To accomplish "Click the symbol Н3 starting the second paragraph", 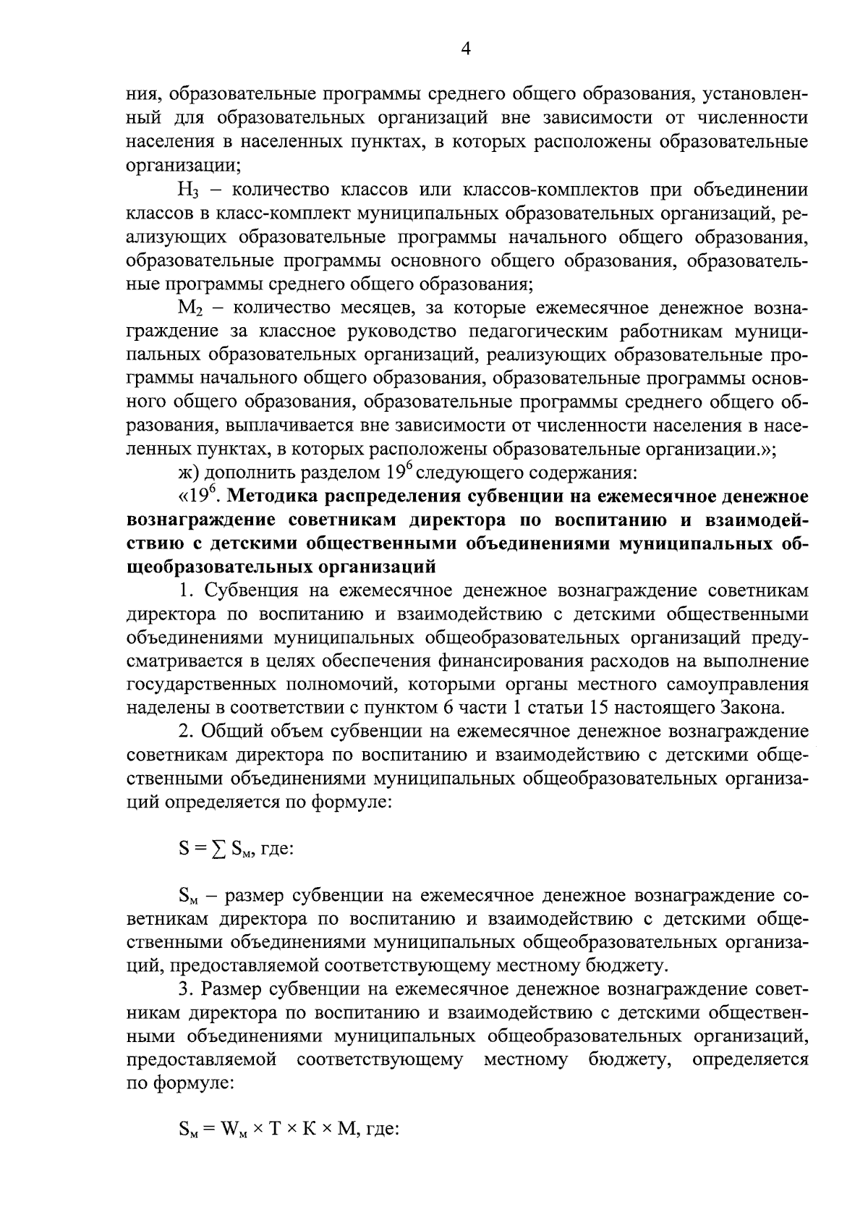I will pyautogui.click(x=187, y=191).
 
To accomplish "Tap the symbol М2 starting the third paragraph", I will pyautogui.click(x=188, y=308).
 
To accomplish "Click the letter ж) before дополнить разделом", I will pyautogui.click(x=190, y=473).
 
